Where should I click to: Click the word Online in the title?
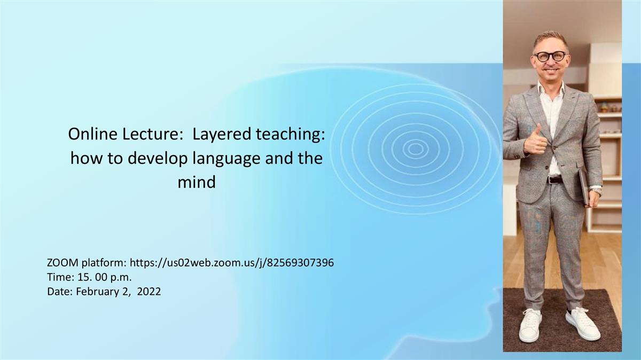(93, 134)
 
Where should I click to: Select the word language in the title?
(226, 159)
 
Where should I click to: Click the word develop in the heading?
(157, 159)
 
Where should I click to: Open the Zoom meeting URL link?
(232, 263)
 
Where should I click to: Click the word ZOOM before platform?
(62, 263)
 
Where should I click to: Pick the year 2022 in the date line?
(149, 292)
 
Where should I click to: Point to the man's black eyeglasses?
(550, 57)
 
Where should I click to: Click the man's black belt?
(555, 179)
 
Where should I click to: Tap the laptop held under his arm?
(583, 187)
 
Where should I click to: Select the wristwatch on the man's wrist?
(596, 191)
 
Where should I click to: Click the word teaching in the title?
(291, 135)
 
